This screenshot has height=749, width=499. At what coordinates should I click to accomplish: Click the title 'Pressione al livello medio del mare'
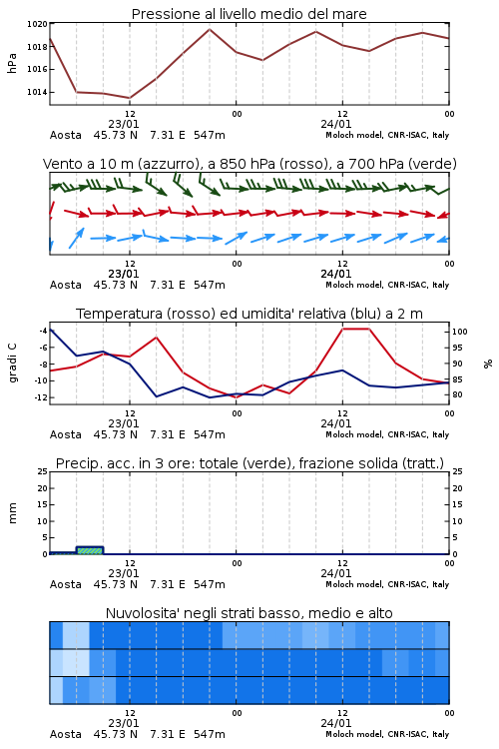click(249, 14)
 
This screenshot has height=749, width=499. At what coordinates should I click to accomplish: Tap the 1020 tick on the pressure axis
click(37, 24)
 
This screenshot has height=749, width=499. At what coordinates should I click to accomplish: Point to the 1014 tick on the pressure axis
click(37, 92)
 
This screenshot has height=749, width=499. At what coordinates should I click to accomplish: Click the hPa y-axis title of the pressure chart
click(12, 63)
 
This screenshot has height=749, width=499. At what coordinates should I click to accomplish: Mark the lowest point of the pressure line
click(130, 98)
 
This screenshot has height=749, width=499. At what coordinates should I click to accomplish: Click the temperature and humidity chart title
click(249, 314)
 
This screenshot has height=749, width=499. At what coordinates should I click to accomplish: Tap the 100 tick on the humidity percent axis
click(460, 332)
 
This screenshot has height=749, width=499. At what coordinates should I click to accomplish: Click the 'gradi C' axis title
click(12, 364)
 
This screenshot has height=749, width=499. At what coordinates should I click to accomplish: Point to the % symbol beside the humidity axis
click(488, 364)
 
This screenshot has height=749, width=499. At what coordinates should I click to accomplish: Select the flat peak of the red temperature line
click(355, 329)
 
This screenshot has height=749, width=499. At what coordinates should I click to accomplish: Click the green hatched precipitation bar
click(89, 550)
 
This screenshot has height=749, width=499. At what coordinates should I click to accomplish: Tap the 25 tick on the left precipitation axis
click(43, 471)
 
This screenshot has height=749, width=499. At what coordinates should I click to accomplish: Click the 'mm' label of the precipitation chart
click(12, 513)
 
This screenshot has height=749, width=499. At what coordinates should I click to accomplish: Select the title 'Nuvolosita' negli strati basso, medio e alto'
click(249, 613)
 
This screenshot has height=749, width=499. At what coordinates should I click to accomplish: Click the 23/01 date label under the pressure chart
click(123, 124)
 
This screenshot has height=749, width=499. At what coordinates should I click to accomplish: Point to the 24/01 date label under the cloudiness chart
click(335, 723)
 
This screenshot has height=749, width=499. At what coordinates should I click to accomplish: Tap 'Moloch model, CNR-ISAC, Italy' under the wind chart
click(387, 285)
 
